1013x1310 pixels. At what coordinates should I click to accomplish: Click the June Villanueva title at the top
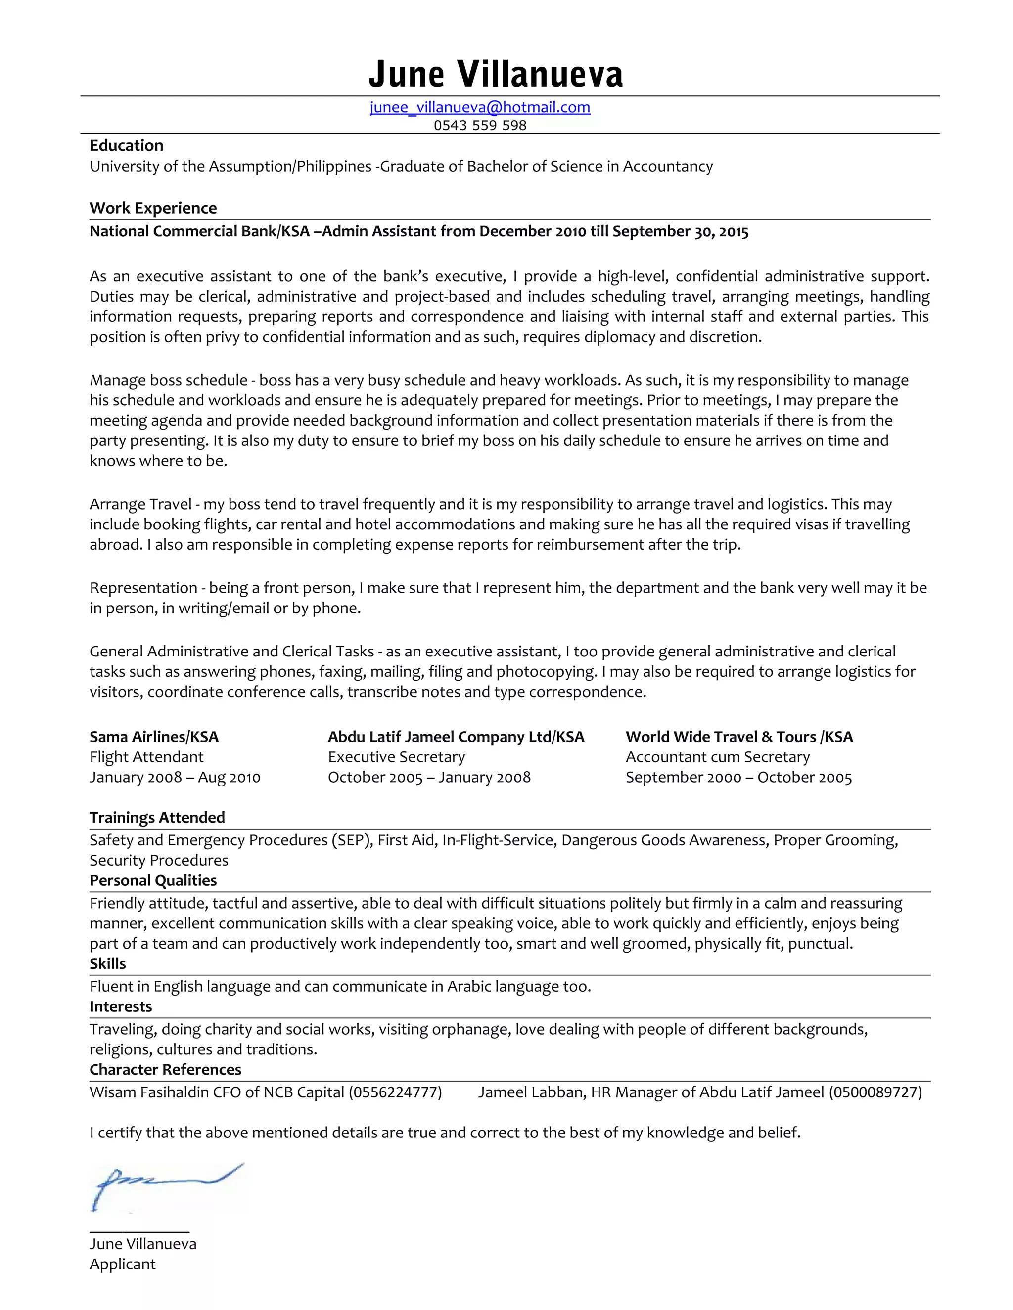(496, 74)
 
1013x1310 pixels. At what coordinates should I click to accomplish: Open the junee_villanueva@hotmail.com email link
(479, 107)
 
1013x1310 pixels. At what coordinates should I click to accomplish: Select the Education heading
(126, 146)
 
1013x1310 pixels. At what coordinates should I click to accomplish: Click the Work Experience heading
(153, 208)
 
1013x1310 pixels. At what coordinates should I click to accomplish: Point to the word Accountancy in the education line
(667, 166)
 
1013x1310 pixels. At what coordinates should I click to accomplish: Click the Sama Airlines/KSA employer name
(154, 737)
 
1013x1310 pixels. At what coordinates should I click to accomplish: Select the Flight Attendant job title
(146, 757)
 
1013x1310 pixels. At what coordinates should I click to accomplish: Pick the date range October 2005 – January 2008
(428, 778)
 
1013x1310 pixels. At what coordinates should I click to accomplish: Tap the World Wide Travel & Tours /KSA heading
(739, 737)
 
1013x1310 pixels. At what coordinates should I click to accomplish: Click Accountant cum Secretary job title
(717, 757)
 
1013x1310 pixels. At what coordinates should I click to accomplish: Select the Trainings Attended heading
(157, 818)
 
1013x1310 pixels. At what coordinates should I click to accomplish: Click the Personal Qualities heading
(153, 880)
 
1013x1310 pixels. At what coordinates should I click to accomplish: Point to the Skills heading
(107, 964)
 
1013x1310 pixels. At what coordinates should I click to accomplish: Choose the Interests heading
(121, 1006)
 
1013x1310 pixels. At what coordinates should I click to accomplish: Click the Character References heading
(165, 1069)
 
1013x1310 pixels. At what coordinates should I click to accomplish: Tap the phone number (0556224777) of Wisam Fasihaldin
(395, 1092)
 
